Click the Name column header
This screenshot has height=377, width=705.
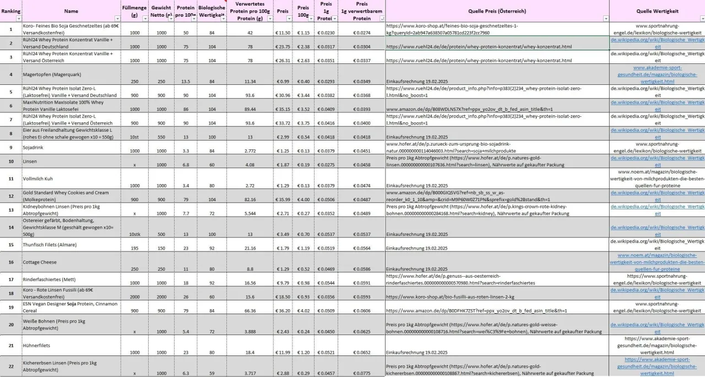(71, 10)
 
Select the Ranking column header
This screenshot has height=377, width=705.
(10, 10)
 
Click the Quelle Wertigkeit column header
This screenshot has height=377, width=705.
(657, 10)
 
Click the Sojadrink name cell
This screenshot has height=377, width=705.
(34, 147)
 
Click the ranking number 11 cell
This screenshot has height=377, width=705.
(10, 179)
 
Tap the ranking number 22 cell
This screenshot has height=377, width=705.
(10, 367)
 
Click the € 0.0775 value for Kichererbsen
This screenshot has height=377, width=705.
(361, 373)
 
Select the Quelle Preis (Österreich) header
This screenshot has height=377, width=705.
(497, 10)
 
